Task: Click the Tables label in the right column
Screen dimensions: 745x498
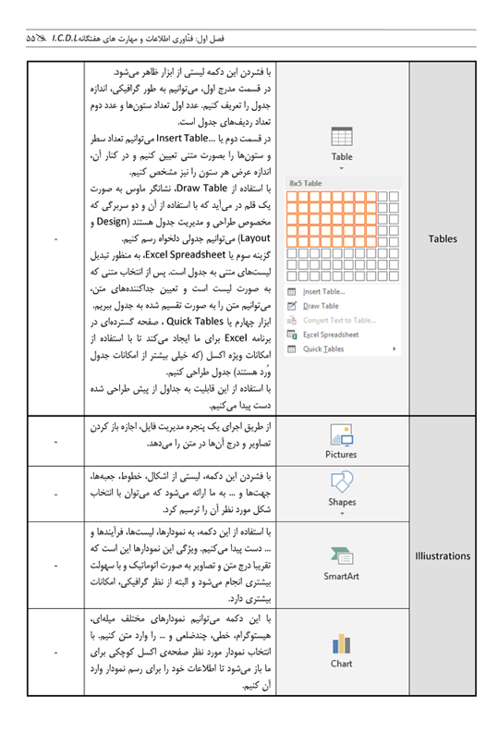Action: (443, 238)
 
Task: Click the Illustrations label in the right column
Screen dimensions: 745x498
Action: (443, 556)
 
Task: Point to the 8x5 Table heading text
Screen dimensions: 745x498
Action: (306, 183)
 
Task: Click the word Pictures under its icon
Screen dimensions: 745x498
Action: (341, 454)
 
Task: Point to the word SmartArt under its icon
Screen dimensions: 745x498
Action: (341, 577)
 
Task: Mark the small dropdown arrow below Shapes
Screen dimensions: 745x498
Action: (341, 512)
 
